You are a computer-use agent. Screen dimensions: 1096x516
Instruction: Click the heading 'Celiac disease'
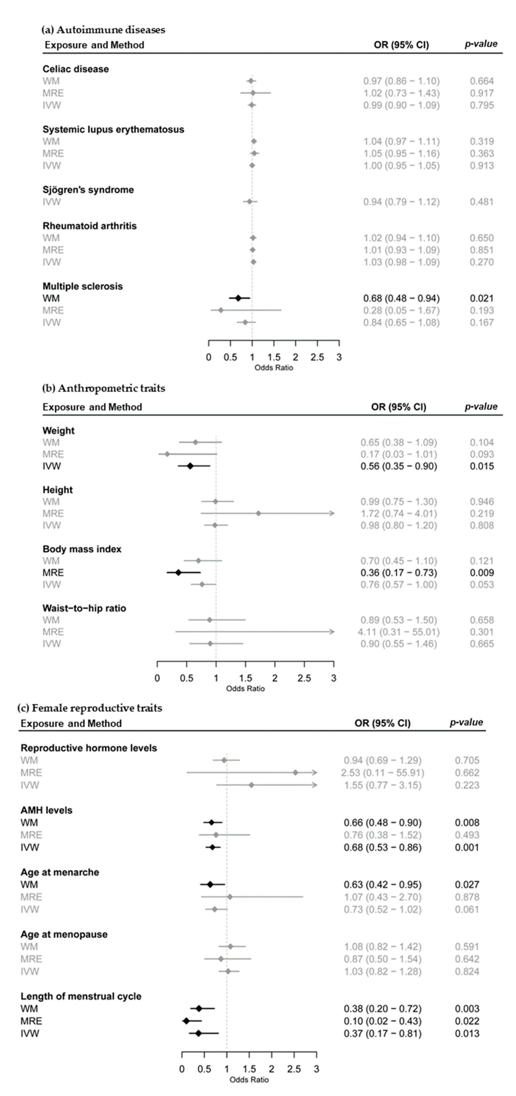click(75, 69)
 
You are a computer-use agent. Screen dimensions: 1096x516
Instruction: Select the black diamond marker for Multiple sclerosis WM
click(238, 298)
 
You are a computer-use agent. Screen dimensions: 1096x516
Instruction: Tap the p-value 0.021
click(481, 298)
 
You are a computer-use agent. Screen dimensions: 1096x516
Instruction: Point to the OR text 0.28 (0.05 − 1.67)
click(401, 310)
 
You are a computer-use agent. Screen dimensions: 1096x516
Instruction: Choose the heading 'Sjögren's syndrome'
click(88, 190)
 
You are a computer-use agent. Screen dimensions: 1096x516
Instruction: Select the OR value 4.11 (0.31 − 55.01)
click(398, 632)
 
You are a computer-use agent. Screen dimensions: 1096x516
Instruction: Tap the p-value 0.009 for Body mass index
click(481, 573)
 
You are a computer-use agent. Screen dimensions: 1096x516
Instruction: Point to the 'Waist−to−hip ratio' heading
click(84, 608)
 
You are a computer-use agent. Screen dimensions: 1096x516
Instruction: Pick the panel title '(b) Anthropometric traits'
click(103, 388)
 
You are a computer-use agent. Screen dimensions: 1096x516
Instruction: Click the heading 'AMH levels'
click(47, 810)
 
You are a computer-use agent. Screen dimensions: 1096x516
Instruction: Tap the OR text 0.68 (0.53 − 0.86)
click(382, 847)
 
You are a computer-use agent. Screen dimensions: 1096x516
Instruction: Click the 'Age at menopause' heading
click(64, 934)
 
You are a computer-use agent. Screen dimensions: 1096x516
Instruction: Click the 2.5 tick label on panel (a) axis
click(317, 357)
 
